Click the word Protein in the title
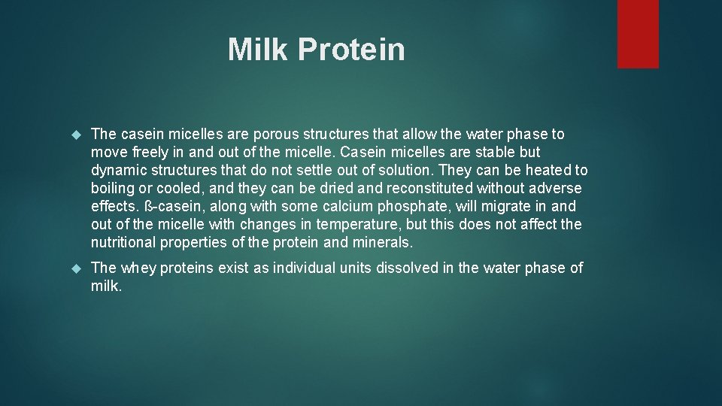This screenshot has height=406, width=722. pyautogui.click(x=351, y=50)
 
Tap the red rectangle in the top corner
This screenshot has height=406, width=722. pyautogui.click(x=638, y=34)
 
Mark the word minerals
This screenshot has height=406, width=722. pyautogui.click(x=384, y=242)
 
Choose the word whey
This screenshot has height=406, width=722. pyautogui.click(x=138, y=268)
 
